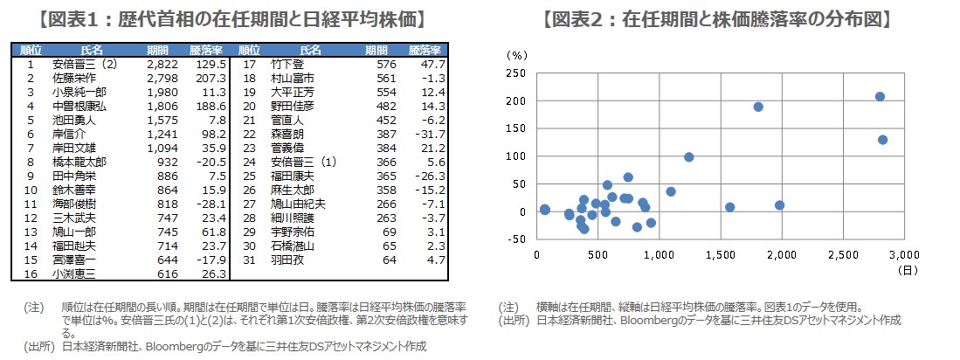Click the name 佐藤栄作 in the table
73,79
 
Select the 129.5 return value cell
212,65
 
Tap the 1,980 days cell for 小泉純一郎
164,93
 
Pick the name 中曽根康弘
79,106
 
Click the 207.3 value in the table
212,79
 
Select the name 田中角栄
73,176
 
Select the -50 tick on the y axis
516,239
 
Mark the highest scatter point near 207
880,96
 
